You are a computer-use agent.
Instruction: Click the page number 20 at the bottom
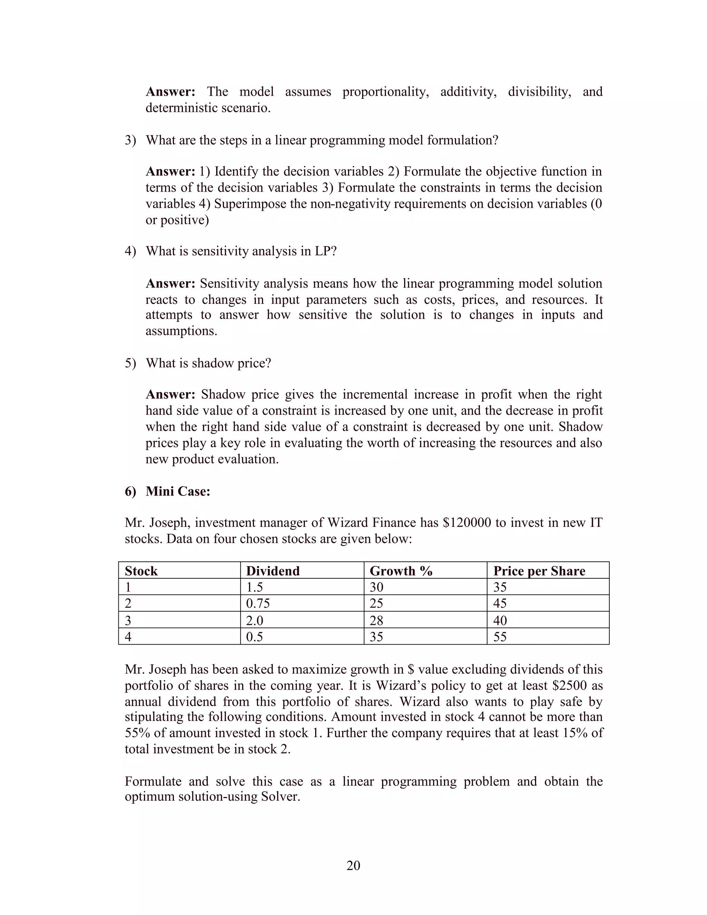point(353,865)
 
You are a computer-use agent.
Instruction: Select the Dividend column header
point(273,571)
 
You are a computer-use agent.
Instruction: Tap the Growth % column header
point(401,571)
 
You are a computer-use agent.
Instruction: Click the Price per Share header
point(539,571)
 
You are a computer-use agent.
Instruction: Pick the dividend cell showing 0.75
point(258,603)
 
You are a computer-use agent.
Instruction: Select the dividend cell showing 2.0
point(255,620)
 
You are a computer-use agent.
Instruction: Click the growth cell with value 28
point(376,620)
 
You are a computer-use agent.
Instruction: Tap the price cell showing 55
point(500,637)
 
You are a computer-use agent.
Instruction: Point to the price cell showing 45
point(500,603)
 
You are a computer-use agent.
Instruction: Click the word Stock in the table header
point(141,571)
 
